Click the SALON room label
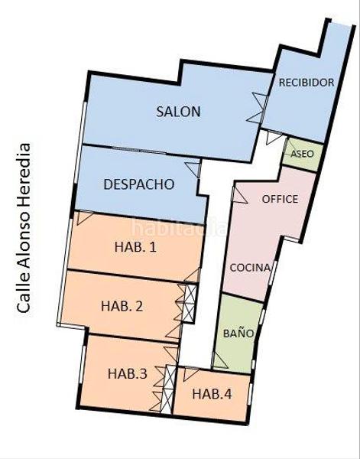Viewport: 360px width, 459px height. [x=178, y=112]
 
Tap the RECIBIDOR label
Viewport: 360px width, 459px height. [x=306, y=83]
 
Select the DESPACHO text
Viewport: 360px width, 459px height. [x=138, y=184]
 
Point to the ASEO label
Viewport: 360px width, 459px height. [x=303, y=153]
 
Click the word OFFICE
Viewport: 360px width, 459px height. [x=280, y=199]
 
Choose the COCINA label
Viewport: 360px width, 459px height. [x=250, y=268]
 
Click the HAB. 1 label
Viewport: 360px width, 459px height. [x=135, y=247]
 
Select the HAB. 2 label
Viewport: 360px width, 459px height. [x=122, y=306]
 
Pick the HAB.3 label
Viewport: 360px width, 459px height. [x=127, y=374]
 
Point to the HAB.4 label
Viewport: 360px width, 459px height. [x=212, y=395]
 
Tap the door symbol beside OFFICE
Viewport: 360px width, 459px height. [x=239, y=196]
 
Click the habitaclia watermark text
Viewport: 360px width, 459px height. [x=178, y=227]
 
